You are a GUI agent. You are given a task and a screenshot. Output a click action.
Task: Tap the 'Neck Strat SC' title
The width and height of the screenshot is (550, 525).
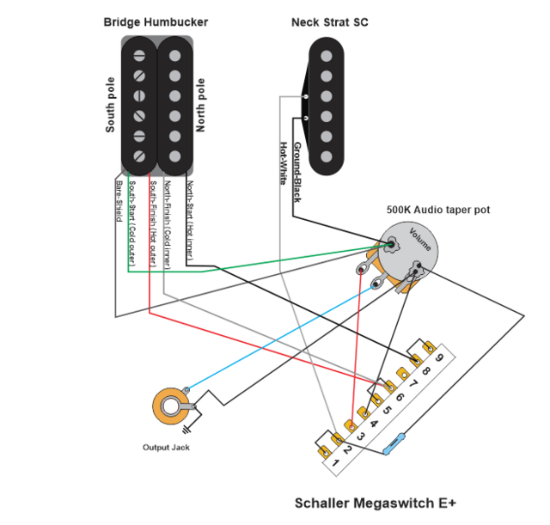coord(329,21)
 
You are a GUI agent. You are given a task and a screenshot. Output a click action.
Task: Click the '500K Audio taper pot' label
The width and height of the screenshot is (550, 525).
coord(438,210)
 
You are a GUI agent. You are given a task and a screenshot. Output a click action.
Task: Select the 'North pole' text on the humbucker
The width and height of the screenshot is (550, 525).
coord(201,107)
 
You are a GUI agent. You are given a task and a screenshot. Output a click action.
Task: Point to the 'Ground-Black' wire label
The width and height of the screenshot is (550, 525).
coord(296,169)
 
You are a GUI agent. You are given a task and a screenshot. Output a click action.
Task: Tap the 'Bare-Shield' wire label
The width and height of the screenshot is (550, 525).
coord(118,202)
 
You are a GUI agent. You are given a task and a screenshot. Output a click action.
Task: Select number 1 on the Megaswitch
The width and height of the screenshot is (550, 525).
coord(337,464)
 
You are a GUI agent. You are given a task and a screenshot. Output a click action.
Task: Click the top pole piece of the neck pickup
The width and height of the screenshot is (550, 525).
coord(326,55)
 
